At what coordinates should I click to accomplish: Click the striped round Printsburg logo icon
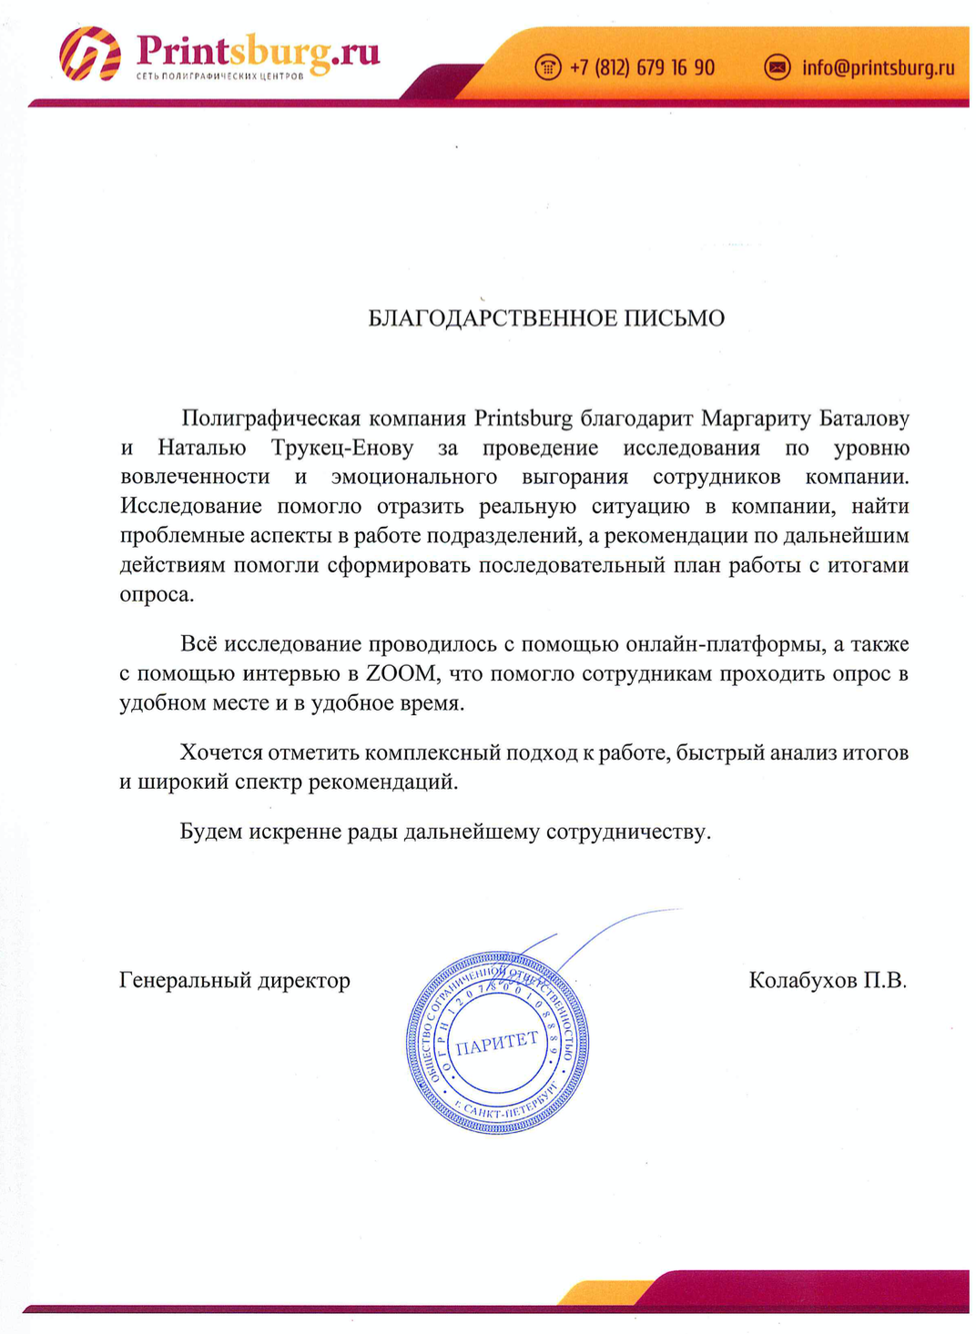click(90, 54)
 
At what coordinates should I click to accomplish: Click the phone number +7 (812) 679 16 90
click(642, 67)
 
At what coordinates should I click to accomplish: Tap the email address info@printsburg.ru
click(878, 67)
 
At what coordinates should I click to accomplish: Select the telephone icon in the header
click(548, 67)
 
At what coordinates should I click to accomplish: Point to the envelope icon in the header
click(777, 67)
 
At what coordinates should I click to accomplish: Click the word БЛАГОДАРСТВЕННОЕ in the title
click(493, 318)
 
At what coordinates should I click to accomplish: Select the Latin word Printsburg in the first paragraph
click(523, 419)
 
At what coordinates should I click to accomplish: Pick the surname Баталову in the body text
click(864, 419)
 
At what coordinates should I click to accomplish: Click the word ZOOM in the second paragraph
click(402, 674)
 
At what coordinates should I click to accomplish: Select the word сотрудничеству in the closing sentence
click(627, 832)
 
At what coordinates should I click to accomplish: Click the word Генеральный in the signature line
click(185, 980)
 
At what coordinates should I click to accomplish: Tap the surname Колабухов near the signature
click(802, 980)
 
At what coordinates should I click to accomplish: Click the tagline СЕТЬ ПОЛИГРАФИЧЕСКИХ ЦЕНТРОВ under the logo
click(219, 76)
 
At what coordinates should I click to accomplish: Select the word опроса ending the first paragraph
click(157, 595)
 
